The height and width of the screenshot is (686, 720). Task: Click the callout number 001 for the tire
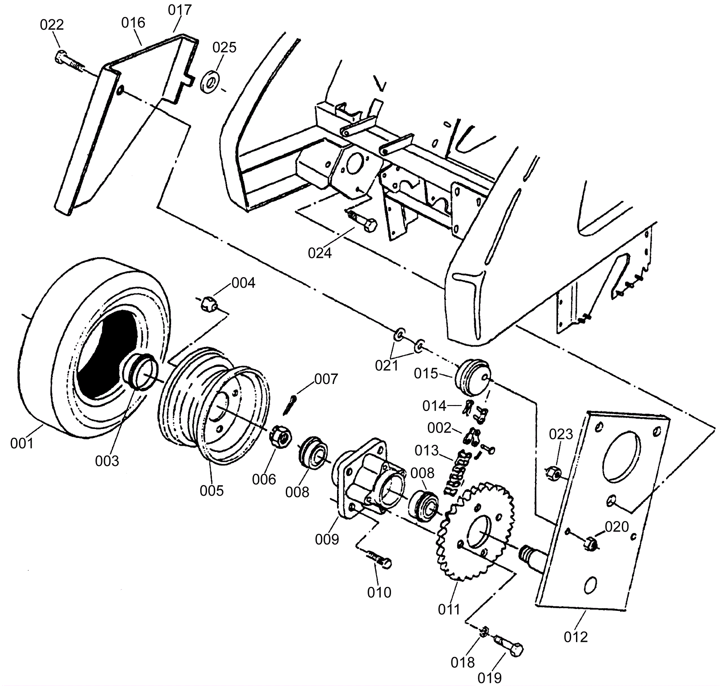point(22,443)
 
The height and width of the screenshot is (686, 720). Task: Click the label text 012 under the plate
point(576,637)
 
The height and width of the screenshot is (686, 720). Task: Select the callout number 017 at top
point(180,10)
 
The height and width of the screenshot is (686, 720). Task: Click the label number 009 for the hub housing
point(327,539)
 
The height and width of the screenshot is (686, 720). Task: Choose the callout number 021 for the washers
point(387,366)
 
